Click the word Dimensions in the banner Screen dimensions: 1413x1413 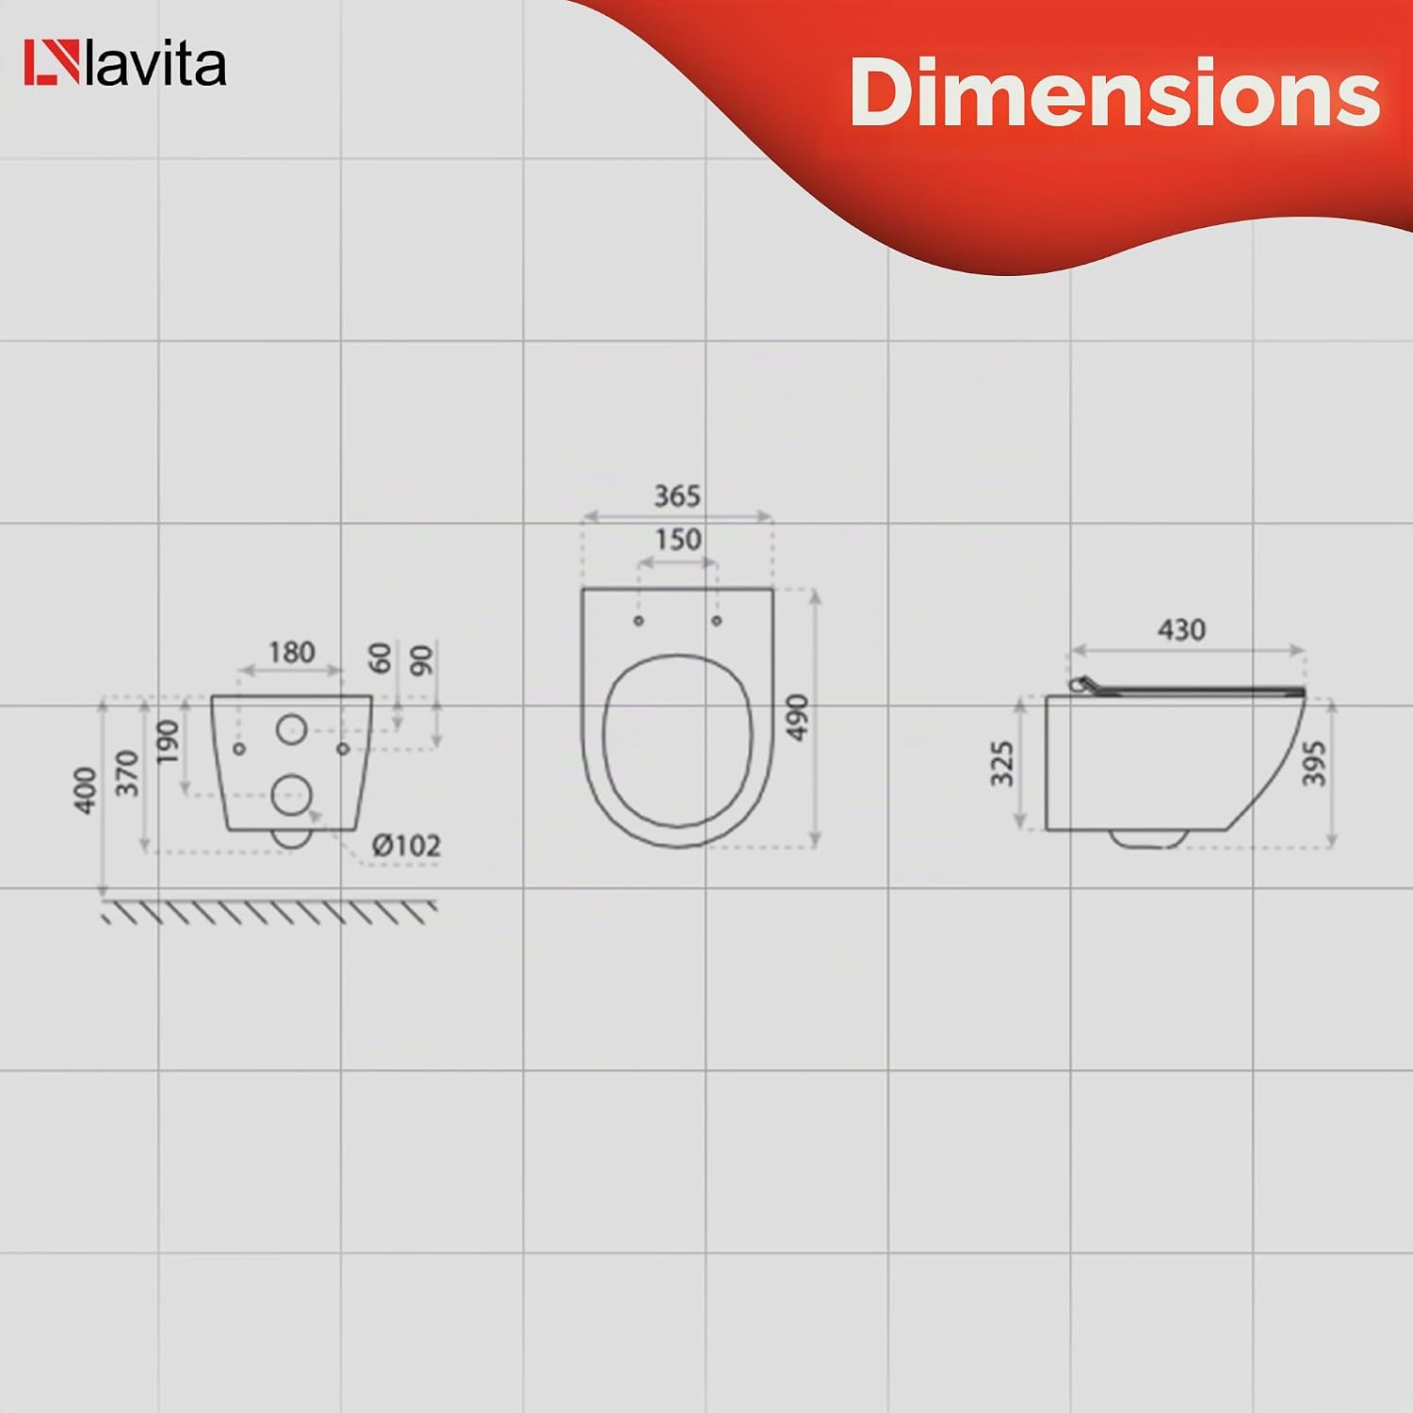[1114, 91]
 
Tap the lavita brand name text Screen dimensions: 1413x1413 [155, 64]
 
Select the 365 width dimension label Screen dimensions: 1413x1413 [677, 495]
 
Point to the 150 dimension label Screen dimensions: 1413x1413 [677, 540]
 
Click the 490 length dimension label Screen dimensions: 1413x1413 [797, 717]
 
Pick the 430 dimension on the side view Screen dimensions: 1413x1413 [1181, 629]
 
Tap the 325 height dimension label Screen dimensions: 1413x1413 [1001, 763]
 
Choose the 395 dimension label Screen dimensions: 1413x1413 [1313, 763]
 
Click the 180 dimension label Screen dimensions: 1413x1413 [291, 652]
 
